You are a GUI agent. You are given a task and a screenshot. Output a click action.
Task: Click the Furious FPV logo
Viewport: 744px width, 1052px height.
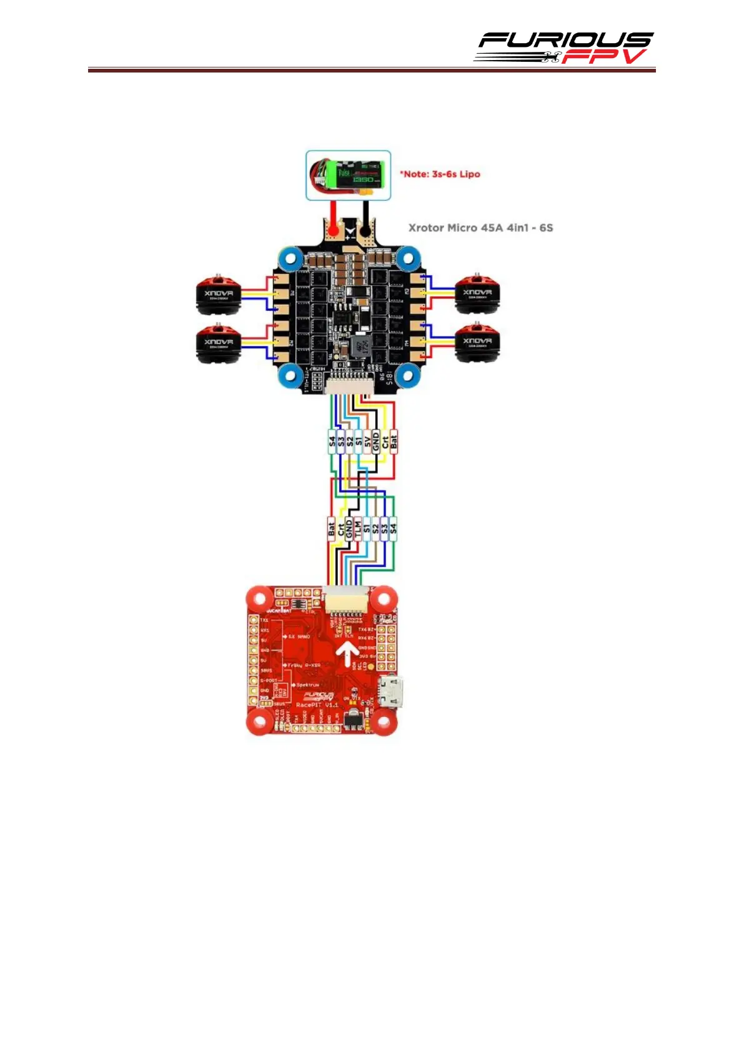click(563, 48)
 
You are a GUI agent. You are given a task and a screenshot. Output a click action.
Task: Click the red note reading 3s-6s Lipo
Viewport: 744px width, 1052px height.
click(440, 174)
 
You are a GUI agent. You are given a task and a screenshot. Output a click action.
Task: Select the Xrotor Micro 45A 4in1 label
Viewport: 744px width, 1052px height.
click(480, 228)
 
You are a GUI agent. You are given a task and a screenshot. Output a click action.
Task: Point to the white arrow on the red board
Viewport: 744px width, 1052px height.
click(347, 655)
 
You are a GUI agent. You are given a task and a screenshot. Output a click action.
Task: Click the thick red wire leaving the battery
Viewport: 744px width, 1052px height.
click(334, 216)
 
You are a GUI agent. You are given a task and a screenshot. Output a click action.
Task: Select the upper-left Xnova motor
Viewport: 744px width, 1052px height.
click(218, 294)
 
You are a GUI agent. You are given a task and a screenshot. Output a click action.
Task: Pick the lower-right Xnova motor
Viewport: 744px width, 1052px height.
click(477, 343)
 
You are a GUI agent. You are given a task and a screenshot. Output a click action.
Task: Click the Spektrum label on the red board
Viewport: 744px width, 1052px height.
click(307, 685)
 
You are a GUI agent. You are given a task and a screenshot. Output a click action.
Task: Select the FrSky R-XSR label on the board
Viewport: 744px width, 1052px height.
click(304, 665)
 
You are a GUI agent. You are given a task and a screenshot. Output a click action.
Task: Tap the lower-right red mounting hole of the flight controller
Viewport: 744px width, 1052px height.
click(382, 723)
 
